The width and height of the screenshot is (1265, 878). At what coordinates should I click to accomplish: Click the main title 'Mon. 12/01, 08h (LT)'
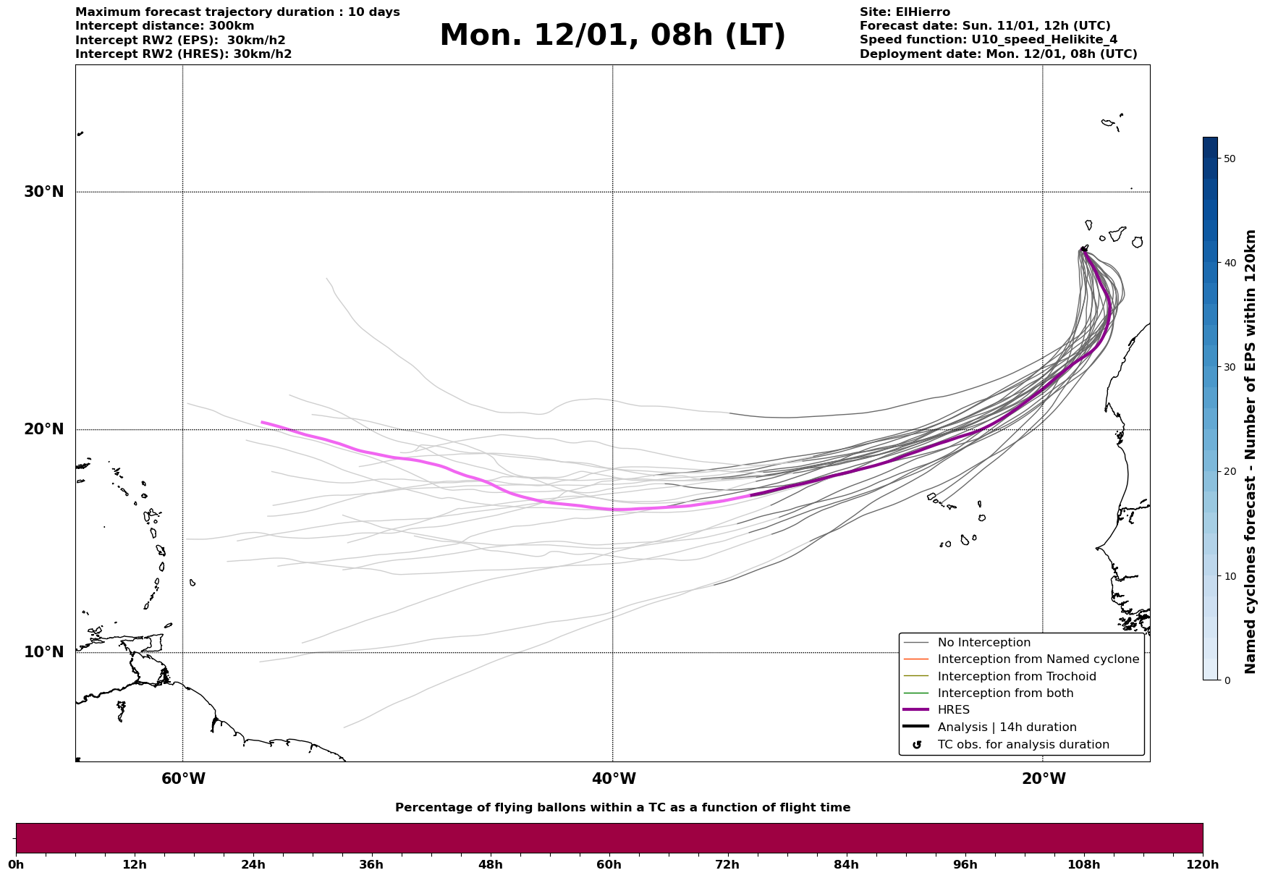[x=612, y=35]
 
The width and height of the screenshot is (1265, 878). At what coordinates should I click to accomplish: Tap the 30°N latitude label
[x=43, y=192]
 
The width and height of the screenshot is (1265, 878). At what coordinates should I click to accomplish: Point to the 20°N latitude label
[x=43, y=429]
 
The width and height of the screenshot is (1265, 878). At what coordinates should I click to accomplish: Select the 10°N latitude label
[x=43, y=652]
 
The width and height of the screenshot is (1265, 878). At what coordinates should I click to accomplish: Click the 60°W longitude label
[x=183, y=779]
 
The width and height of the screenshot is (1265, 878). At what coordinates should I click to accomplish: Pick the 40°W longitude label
[x=614, y=779]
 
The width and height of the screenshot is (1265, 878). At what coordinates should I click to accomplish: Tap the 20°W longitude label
[x=1044, y=779]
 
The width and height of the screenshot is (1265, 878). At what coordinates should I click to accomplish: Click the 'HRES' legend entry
[x=953, y=710]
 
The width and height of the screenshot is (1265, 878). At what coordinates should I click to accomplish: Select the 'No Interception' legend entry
[x=983, y=643]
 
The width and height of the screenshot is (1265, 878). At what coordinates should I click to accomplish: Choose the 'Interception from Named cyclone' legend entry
[x=1038, y=659]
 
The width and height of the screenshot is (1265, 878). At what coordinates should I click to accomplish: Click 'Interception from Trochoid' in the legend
[x=1016, y=677]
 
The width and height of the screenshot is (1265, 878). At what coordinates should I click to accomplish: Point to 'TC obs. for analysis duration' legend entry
[x=1023, y=745]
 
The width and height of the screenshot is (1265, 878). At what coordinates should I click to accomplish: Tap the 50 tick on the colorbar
[x=1230, y=159]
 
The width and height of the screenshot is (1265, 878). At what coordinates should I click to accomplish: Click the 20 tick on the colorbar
[x=1230, y=471]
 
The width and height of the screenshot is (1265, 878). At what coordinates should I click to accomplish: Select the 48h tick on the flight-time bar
[x=490, y=864]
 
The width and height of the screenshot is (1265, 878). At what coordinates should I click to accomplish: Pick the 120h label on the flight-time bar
[x=1203, y=864]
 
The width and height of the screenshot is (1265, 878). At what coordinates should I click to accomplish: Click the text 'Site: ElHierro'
[x=905, y=12]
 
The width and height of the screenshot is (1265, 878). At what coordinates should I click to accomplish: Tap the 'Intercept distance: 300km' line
[x=165, y=26]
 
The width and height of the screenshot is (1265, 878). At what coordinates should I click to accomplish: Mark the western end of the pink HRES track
[x=262, y=422]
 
